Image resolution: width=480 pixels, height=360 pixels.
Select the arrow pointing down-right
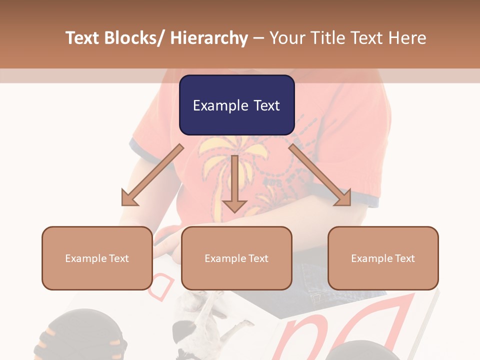tap(320, 175)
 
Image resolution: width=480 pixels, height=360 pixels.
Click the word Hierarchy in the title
tap(209, 38)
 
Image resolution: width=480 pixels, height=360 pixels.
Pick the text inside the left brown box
tap(97, 258)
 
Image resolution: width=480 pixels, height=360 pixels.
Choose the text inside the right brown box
tap(383, 258)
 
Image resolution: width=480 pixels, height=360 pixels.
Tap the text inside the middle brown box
tap(236, 258)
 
